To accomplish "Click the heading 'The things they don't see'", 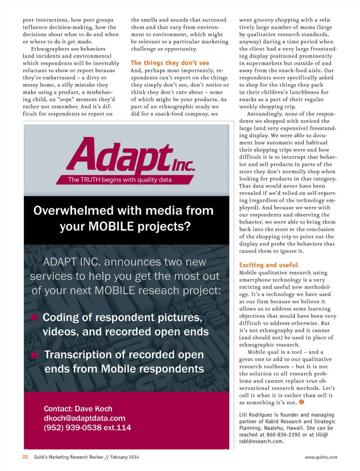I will [170, 63].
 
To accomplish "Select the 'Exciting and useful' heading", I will [268, 265].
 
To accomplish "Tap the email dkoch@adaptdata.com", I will [84, 418].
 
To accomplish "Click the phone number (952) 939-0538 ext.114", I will [87, 427].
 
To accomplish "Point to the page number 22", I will [25, 457].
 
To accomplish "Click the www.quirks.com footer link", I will [321, 457].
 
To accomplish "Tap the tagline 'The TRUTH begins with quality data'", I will [120, 180].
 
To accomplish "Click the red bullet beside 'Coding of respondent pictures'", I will [34, 318].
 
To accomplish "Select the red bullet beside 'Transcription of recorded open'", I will [34, 355].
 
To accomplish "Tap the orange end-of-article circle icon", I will [301, 402].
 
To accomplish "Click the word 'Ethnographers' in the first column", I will [49, 49].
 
